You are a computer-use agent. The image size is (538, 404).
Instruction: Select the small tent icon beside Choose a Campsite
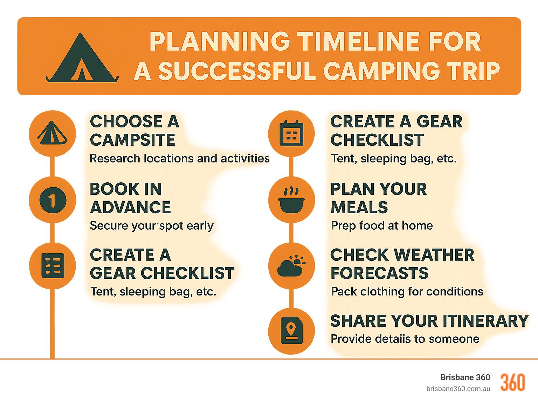(52, 133)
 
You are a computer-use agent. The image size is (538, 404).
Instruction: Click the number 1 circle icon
(53, 200)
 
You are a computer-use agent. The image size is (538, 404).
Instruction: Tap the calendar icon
(291, 133)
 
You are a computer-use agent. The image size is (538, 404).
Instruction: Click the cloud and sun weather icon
(291, 266)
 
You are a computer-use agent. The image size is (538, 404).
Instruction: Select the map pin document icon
(291, 331)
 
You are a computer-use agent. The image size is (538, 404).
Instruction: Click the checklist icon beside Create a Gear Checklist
(53, 266)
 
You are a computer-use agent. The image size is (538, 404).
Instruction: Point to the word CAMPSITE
(132, 140)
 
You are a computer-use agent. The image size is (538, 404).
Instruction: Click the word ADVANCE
(130, 207)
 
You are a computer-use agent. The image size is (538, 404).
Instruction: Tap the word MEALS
(359, 207)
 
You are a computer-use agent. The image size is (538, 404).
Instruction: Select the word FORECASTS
(379, 273)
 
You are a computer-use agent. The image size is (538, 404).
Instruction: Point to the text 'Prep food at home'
(382, 225)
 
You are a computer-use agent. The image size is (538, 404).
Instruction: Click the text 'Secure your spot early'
(151, 226)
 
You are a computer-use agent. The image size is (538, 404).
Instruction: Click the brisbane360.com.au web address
(458, 389)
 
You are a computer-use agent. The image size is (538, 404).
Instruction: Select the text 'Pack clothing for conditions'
(407, 291)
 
